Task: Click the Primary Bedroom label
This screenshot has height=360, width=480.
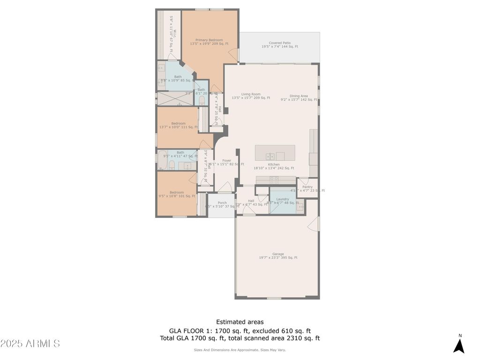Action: pos(209,40)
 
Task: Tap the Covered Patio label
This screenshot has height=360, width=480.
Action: pos(279,43)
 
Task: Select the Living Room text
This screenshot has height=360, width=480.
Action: pos(251,94)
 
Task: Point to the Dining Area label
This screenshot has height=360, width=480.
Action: pos(299,96)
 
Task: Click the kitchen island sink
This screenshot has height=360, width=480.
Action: pos(270,156)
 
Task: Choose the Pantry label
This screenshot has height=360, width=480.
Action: pos(307,187)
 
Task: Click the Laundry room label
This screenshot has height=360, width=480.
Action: pos(283,199)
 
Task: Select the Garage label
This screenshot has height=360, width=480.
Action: pos(278,255)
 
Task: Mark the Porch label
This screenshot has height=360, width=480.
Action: pos(222,203)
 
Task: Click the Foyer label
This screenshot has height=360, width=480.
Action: pos(226,161)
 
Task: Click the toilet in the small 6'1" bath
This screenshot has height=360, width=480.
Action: pos(202,100)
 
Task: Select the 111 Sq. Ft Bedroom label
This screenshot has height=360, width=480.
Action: pos(178,124)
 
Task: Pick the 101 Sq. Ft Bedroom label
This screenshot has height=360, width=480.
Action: pos(177,193)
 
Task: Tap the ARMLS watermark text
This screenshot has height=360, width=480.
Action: pos(30,344)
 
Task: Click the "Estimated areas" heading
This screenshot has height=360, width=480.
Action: pos(240,322)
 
